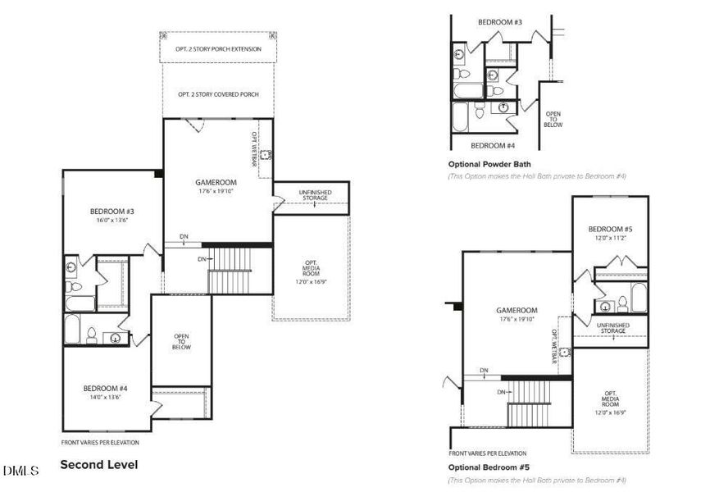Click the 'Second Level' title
(99, 465)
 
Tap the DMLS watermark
(20, 471)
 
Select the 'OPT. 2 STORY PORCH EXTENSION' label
(218, 49)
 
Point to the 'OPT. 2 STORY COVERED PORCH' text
(218, 94)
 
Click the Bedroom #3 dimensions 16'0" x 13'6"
(111, 221)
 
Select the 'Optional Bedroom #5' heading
(488, 467)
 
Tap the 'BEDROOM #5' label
(610, 229)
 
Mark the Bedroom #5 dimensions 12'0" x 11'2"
(610, 238)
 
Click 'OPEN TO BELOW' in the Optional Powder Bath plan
(553, 120)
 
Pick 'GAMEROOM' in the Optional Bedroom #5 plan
(516, 311)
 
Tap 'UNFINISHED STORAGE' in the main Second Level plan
(315, 195)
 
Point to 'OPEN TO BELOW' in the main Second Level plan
(181, 341)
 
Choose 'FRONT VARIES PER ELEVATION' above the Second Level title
(100, 443)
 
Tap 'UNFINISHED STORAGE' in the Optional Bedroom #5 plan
(612, 327)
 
